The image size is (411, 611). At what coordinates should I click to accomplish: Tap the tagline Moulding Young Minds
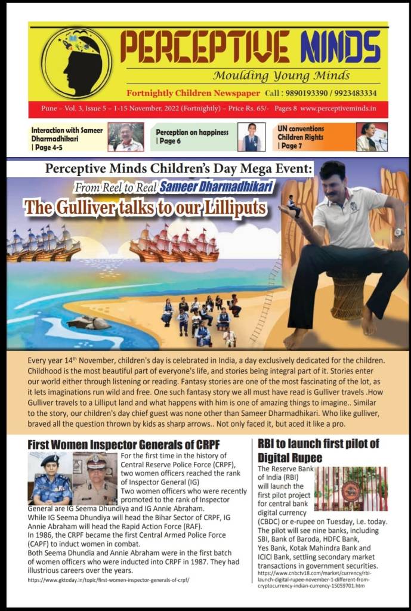(281, 76)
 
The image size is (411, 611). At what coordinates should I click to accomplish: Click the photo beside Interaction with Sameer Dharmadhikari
(125, 137)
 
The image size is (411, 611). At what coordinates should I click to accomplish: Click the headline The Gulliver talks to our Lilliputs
(145, 207)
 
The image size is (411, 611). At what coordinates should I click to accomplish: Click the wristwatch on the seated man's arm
(398, 232)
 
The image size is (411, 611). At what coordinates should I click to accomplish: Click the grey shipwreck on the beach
(88, 322)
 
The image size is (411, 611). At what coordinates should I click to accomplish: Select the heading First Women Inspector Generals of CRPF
(124, 445)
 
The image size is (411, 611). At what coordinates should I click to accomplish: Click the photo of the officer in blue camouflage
(50, 479)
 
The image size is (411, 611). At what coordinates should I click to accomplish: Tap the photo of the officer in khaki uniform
(95, 479)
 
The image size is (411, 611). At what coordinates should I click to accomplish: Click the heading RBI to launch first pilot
(319, 450)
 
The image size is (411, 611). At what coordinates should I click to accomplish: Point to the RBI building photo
(351, 489)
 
